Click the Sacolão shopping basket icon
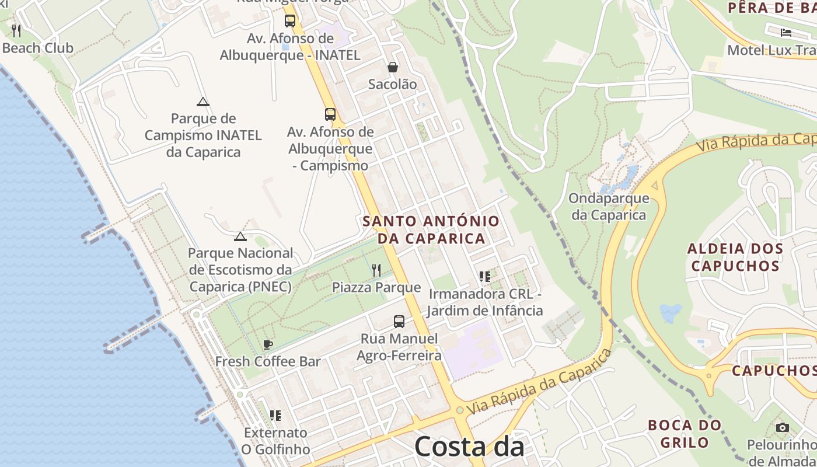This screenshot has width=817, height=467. click(x=393, y=67)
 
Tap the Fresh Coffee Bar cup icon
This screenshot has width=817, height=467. click(x=268, y=344)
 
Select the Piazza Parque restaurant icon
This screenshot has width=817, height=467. click(x=376, y=270)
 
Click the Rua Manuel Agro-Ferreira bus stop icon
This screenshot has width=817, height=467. click(x=399, y=321)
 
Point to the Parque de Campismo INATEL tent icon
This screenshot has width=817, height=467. click(x=202, y=102)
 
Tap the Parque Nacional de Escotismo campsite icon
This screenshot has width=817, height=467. click(x=240, y=236)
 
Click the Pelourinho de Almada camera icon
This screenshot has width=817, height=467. click(x=783, y=427)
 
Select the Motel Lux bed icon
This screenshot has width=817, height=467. click(x=786, y=32)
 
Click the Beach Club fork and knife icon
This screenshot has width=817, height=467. click(x=16, y=30)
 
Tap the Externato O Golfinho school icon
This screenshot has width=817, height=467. click(x=275, y=415)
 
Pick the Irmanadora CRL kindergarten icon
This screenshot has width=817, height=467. click(x=484, y=276)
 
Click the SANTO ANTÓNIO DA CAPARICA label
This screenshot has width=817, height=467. click(x=431, y=229)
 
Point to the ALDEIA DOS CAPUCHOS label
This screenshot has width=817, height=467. click(x=735, y=257)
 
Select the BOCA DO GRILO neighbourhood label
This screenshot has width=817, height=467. click(x=685, y=433)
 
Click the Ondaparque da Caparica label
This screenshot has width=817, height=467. click(x=609, y=206)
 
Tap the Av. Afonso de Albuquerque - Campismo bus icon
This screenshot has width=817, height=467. click(x=330, y=114)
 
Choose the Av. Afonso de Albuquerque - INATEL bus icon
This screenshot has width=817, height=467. click(x=290, y=21)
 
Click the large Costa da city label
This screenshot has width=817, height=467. click(x=469, y=447)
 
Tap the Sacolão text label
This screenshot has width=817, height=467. click(x=393, y=84)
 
